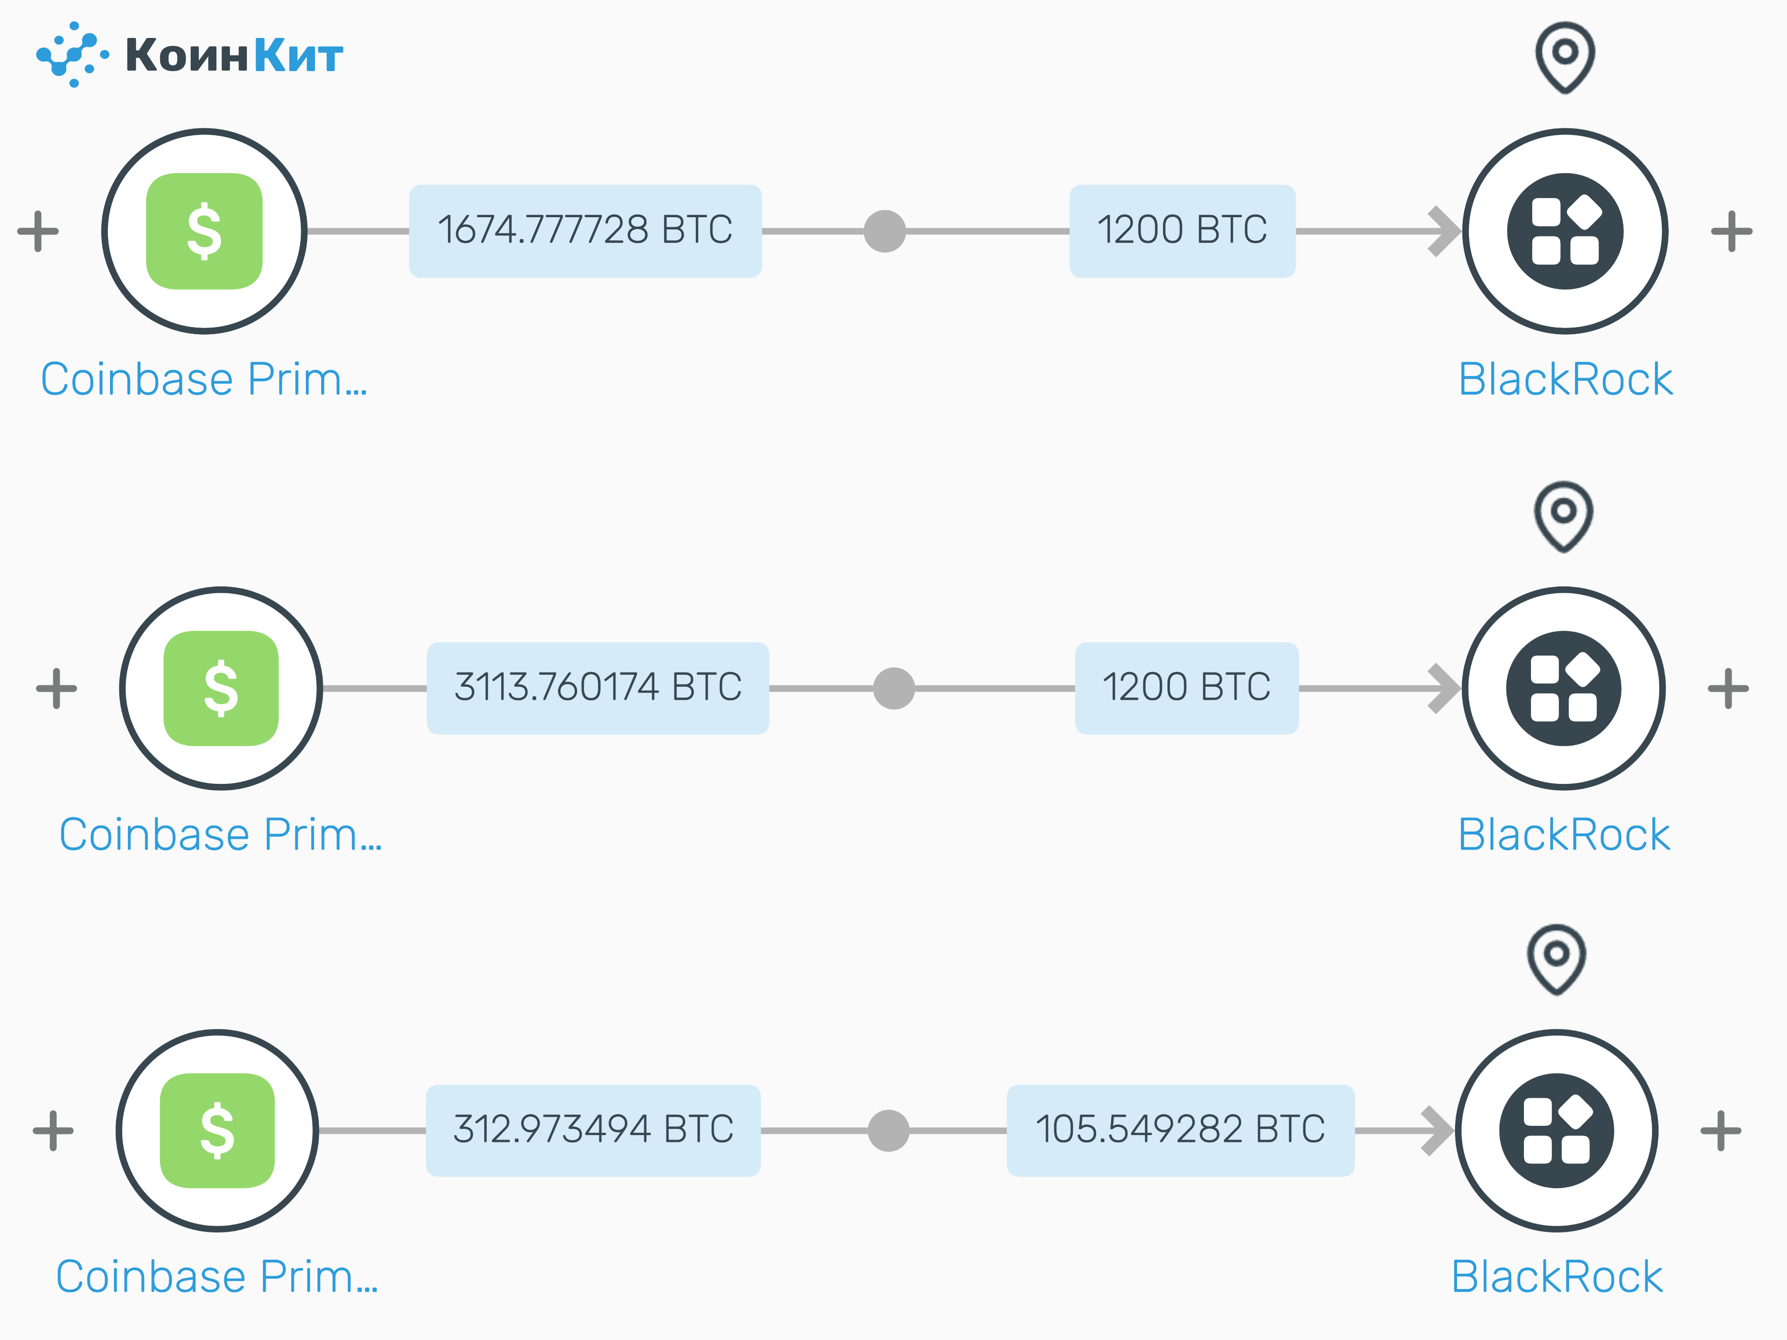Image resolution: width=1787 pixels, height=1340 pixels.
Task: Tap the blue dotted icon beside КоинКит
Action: point(73,54)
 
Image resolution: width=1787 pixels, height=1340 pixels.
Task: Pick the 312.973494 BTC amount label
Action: point(593,1130)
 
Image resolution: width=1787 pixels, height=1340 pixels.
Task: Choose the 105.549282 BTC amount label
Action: point(1180,1130)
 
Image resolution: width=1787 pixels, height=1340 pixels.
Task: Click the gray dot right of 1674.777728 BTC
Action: point(885,231)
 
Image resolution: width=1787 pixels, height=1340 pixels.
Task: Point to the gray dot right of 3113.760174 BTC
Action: point(893,688)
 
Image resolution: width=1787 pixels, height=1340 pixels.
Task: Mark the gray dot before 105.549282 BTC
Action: point(888,1130)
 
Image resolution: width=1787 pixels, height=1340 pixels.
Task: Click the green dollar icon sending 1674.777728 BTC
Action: point(204,231)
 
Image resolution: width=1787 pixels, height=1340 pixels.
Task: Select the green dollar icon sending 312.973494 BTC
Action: point(217,1130)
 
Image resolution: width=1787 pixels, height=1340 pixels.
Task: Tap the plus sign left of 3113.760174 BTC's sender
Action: point(57,688)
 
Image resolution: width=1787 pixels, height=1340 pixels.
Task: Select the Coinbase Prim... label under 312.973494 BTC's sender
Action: point(216,1277)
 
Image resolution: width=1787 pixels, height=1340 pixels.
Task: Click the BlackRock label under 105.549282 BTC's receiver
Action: point(1557,1277)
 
